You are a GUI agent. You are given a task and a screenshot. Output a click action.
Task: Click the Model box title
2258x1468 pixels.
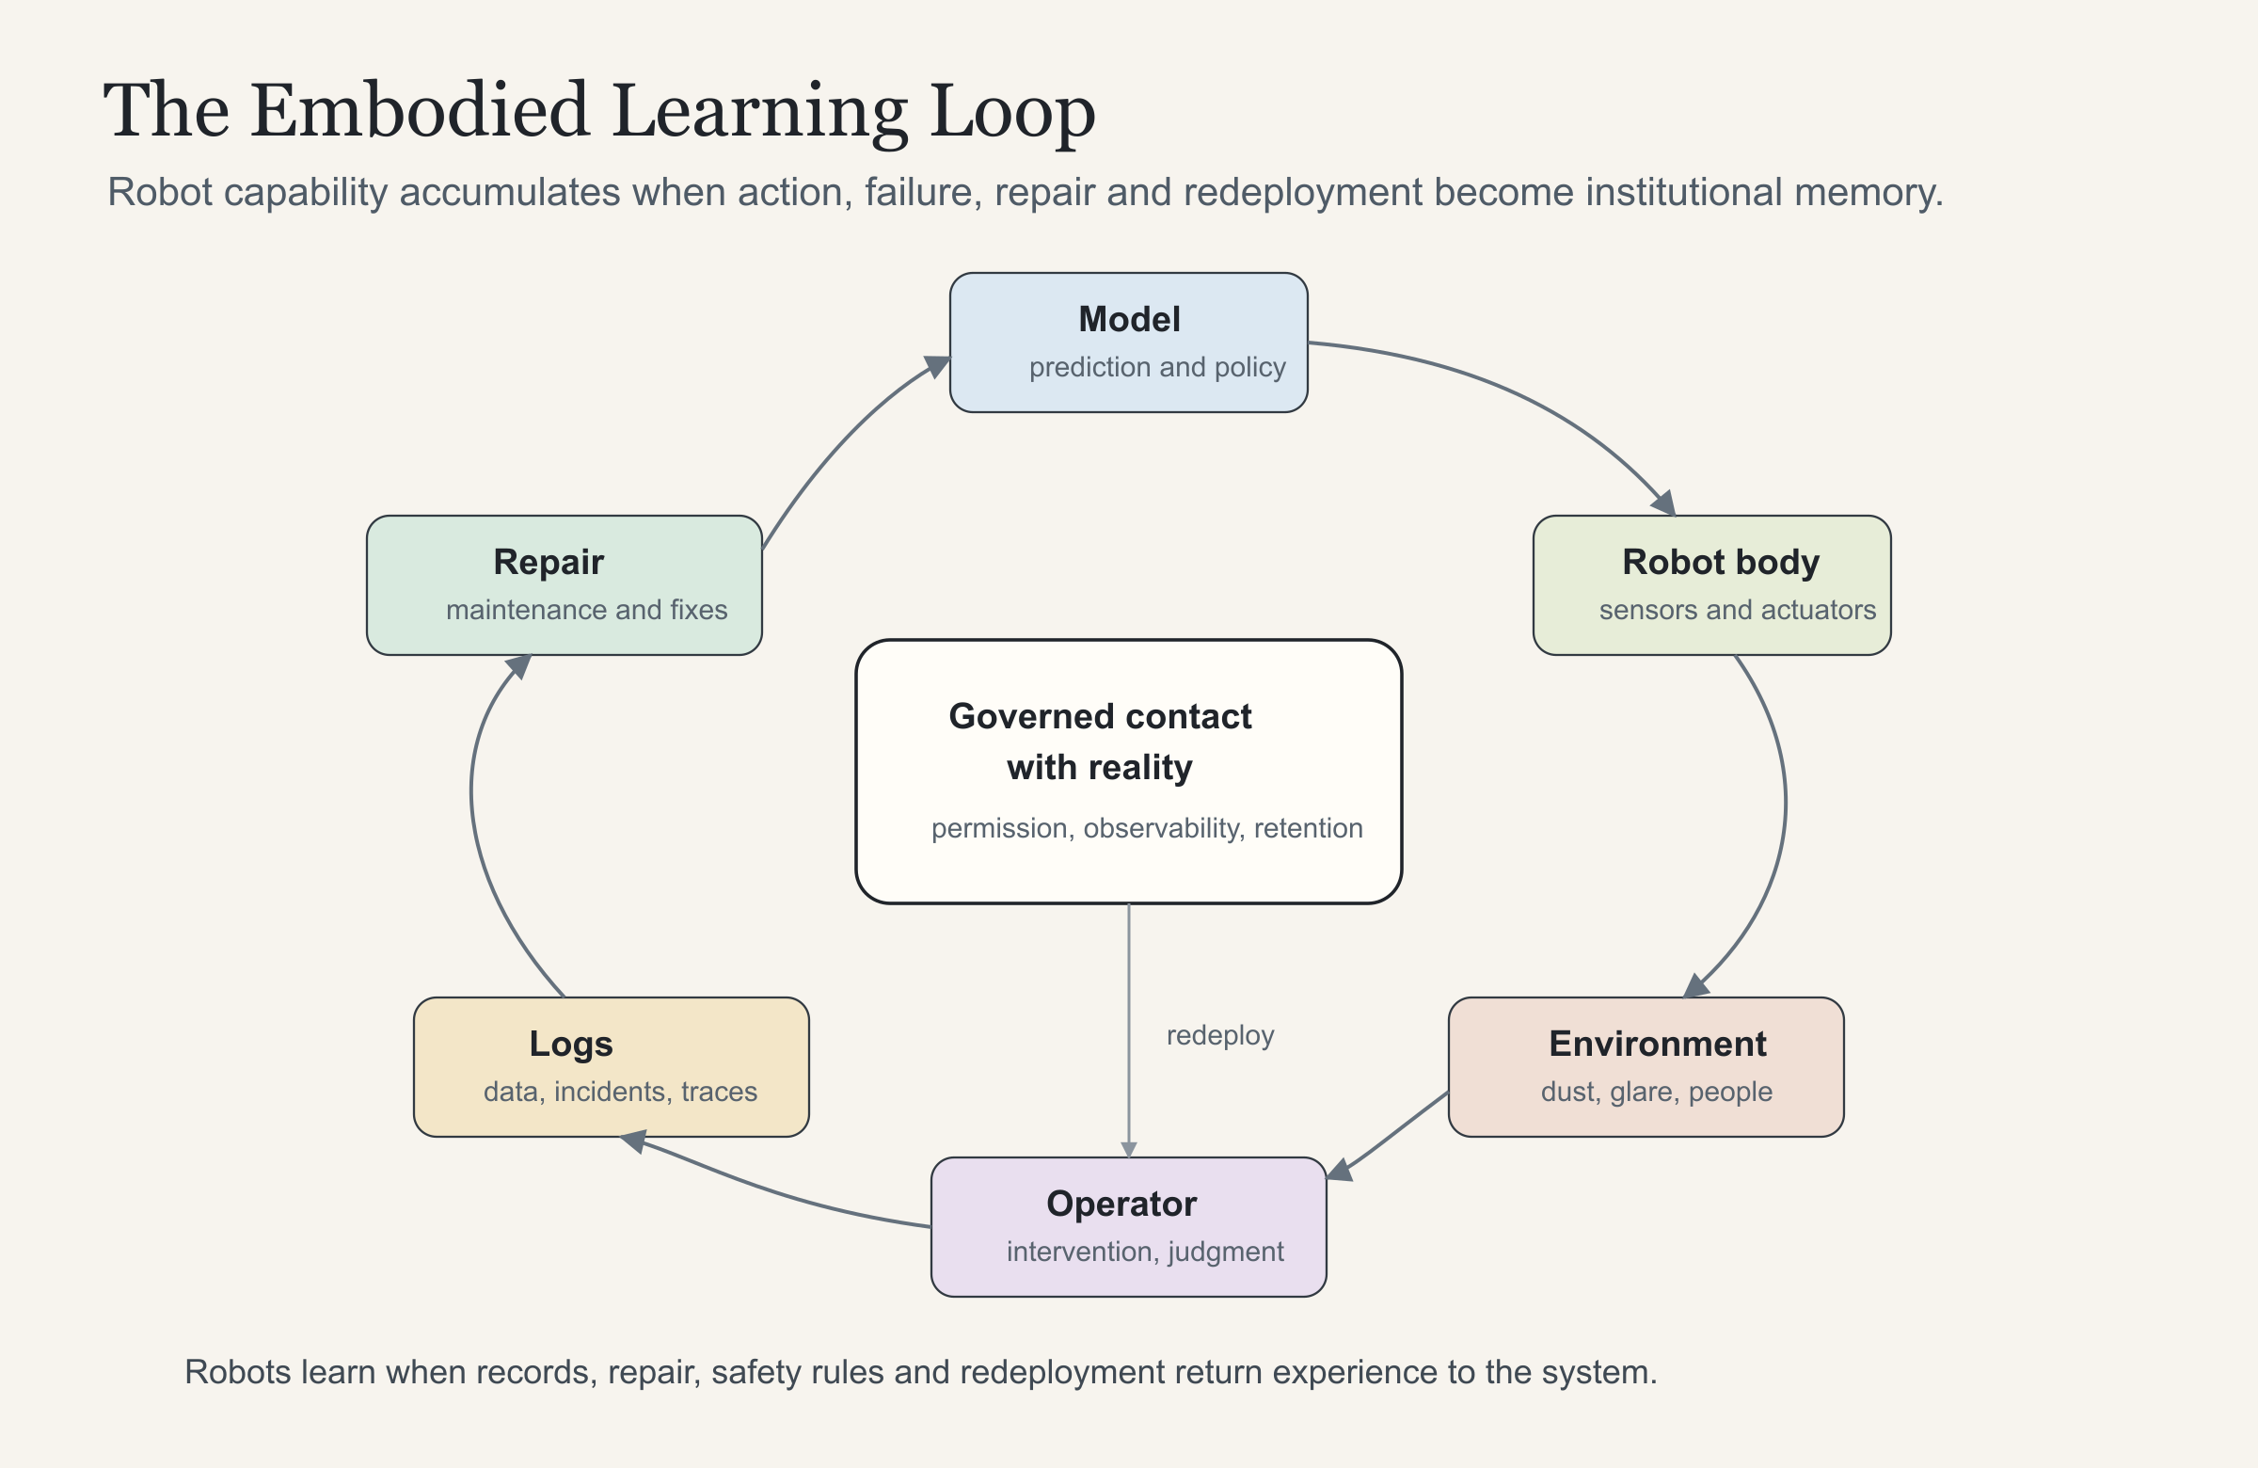coord(1129,320)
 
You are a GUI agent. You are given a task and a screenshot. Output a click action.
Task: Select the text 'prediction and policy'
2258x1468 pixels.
coord(1157,367)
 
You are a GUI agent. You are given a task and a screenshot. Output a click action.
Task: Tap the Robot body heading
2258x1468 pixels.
coord(1721,562)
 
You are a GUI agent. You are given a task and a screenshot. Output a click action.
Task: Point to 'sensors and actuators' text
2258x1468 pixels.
coord(1737,609)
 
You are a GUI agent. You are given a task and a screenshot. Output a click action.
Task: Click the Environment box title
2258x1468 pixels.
coord(1658,1044)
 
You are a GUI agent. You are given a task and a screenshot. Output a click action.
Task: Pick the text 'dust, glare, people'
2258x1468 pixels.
coord(1657,1093)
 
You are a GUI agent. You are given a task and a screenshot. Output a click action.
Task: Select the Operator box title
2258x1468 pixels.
coord(1121,1205)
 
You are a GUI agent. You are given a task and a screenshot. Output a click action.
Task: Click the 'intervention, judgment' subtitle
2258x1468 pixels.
coord(1145,1253)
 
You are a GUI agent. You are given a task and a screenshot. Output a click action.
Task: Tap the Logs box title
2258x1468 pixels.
coord(571,1045)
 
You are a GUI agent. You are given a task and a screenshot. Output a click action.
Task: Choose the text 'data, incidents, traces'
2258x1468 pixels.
coord(620,1093)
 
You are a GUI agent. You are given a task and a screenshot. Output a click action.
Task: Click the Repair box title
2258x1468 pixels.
coord(549,563)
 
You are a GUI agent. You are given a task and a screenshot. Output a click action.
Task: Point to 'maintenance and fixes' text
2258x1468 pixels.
coord(586,609)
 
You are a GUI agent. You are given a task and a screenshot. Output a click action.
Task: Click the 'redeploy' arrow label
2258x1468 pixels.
coord(1220,1035)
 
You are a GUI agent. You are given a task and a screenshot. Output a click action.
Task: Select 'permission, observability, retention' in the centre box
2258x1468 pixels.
coord(1147,828)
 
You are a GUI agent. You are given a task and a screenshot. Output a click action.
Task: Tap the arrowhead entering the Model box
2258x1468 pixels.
coord(937,365)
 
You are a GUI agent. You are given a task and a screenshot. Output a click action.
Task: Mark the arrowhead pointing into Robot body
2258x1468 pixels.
coord(1664,503)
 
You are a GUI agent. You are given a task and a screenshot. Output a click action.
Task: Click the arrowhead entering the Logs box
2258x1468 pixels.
coord(633,1141)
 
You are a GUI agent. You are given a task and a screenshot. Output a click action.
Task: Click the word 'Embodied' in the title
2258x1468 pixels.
coord(421,110)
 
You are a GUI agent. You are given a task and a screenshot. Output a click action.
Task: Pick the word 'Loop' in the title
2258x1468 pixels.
coord(1012,112)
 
